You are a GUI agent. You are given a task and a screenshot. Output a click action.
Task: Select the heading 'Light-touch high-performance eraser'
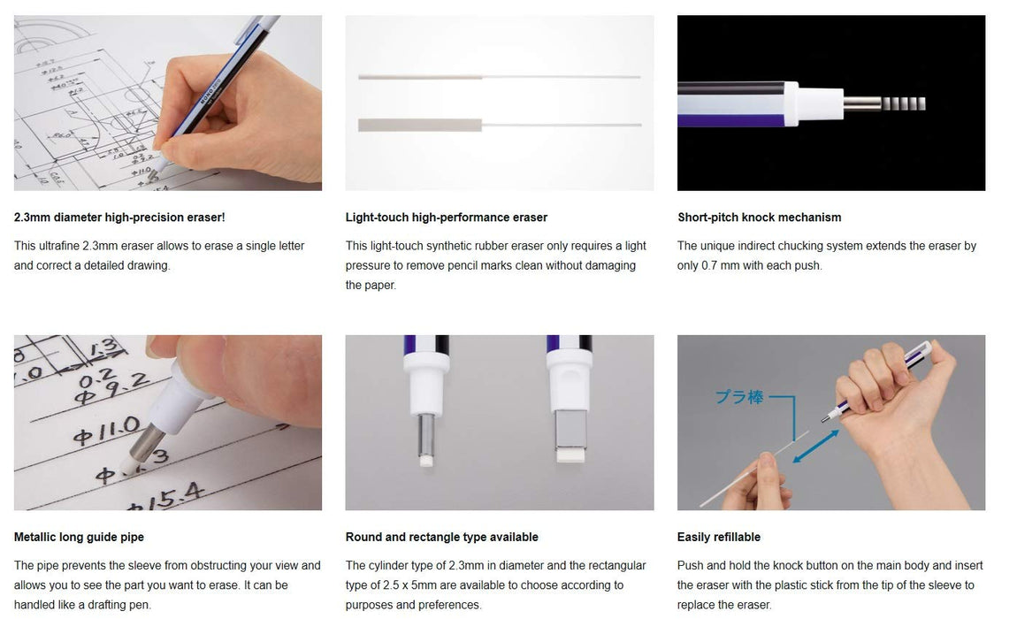click(446, 218)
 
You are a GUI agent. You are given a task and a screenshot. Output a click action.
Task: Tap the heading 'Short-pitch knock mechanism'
click(759, 218)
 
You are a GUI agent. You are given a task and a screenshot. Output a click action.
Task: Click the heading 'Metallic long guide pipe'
click(79, 537)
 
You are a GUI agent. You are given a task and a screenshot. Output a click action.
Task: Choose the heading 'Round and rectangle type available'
click(441, 537)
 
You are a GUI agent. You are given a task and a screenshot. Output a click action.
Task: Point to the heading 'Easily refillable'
click(718, 537)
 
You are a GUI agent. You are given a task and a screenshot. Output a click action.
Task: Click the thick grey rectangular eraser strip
click(419, 124)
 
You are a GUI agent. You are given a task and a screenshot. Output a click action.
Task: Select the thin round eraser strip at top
click(419, 78)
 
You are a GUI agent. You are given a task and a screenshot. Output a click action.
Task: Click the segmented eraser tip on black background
click(903, 103)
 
